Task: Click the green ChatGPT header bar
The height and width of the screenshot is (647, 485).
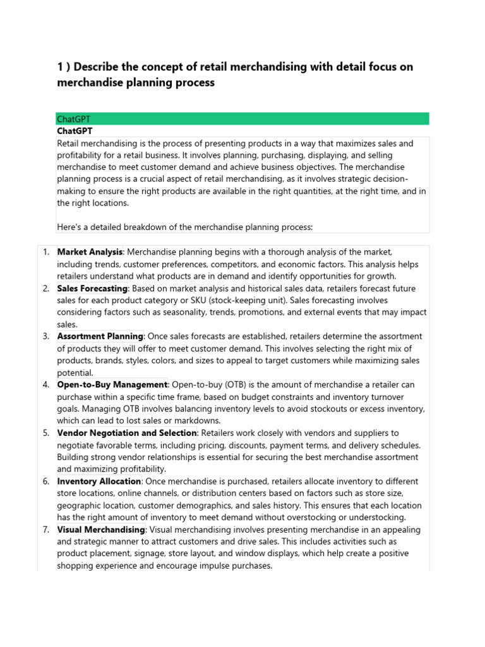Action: [x=242, y=119]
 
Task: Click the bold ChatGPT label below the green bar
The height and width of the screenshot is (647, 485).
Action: [x=75, y=131]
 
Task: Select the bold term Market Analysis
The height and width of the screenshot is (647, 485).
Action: [x=90, y=252]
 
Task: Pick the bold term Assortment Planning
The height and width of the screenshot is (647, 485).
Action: [x=100, y=337]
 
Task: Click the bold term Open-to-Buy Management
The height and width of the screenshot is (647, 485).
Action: [x=112, y=385]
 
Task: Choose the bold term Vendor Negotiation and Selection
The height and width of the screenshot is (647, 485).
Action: [x=127, y=433]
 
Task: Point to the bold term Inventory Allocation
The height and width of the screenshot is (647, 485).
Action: [x=99, y=481]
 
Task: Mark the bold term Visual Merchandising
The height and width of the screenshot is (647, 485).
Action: [x=101, y=529]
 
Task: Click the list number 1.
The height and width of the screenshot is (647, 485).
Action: [x=46, y=252]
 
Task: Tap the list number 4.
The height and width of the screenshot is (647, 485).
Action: [x=46, y=385]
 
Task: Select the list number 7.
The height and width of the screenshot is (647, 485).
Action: [x=46, y=529]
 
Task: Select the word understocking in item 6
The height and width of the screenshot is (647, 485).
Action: [x=378, y=517]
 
